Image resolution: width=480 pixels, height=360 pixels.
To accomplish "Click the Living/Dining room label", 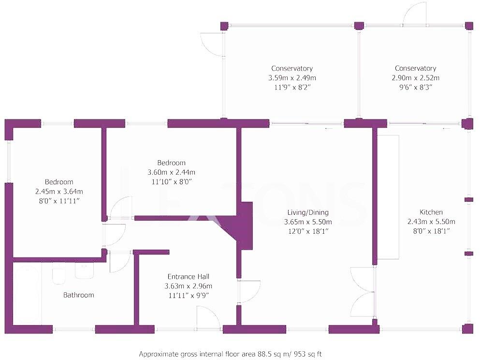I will [x=306, y=212].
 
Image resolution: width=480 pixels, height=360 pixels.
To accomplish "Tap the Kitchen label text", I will [x=431, y=212].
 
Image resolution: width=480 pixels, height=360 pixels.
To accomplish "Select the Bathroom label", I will [x=78, y=295].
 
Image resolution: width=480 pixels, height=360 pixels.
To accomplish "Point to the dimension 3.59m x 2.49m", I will [x=292, y=78].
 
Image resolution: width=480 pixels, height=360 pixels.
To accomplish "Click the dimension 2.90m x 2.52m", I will [x=415, y=78].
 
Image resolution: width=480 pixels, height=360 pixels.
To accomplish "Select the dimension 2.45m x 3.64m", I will [x=59, y=191].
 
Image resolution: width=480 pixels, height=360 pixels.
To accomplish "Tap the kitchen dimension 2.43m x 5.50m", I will [x=431, y=222].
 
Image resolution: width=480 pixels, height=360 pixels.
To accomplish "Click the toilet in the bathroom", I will [x=58, y=274].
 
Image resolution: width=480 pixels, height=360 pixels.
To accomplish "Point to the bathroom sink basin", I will [x=84, y=271].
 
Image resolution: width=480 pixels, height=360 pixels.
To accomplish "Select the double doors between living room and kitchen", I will [x=364, y=293].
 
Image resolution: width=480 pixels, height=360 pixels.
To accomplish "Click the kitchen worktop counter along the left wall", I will [x=388, y=197].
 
